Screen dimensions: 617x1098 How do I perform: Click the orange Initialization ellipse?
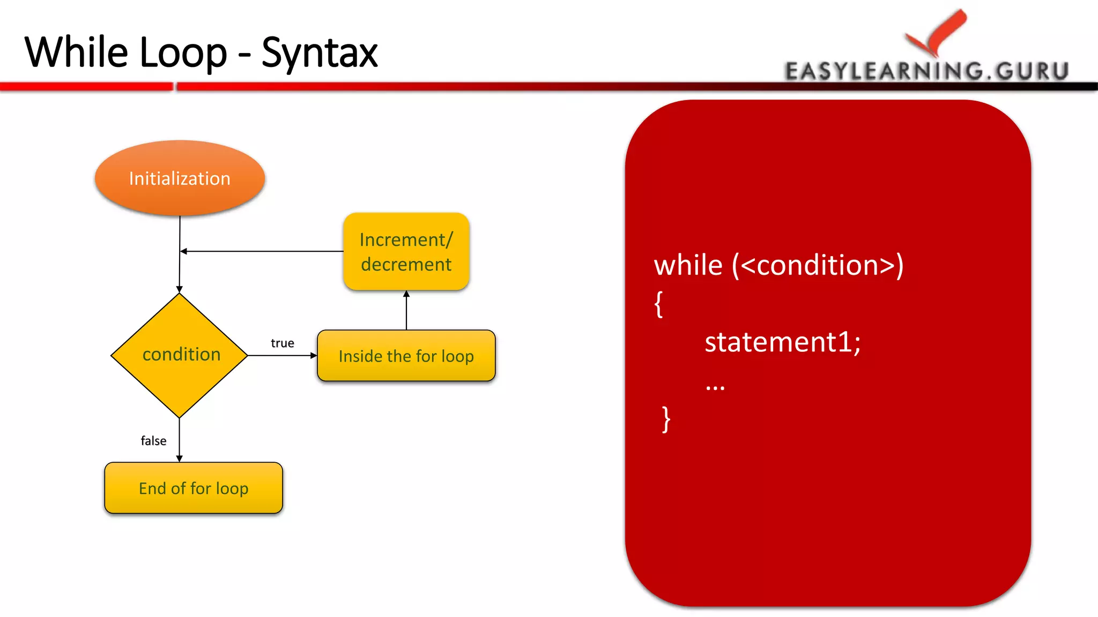pyautogui.click(x=180, y=178)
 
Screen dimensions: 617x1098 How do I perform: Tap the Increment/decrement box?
pyautogui.click(x=406, y=252)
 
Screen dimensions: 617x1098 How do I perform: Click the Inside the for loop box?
pyautogui.click(x=406, y=356)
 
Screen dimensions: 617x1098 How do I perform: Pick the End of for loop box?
pyautogui.click(x=193, y=488)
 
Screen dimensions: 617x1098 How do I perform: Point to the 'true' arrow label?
pyautogui.click(x=282, y=343)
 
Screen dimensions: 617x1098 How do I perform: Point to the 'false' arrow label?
pyautogui.click(x=153, y=440)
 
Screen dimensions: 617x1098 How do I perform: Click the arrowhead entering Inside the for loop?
pyautogui.click(x=314, y=355)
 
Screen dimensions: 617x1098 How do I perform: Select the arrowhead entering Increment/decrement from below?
pyautogui.click(x=406, y=294)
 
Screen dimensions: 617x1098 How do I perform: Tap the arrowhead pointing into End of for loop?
pyautogui.click(x=180, y=458)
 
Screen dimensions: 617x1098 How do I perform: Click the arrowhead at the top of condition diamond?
pyautogui.click(x=180, y=289)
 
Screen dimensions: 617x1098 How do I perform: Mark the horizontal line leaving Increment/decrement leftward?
pyautogui.click(x=263, y=251)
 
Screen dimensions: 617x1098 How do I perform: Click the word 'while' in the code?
pyautogui.click(x=688, y=265)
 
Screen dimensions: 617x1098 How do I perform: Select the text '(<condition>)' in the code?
pyautogui.click(x=818, y=265)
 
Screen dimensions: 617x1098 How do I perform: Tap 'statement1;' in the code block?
pyautogui.click(x=782, y=342)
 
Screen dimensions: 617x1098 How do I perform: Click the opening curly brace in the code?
pyautogui.click(x=659, y=304)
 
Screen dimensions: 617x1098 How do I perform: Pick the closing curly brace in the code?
pyautogui.click(x=666, y=419)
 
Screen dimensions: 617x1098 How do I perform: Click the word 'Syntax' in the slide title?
pyautogui.click(x=320, y=52)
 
